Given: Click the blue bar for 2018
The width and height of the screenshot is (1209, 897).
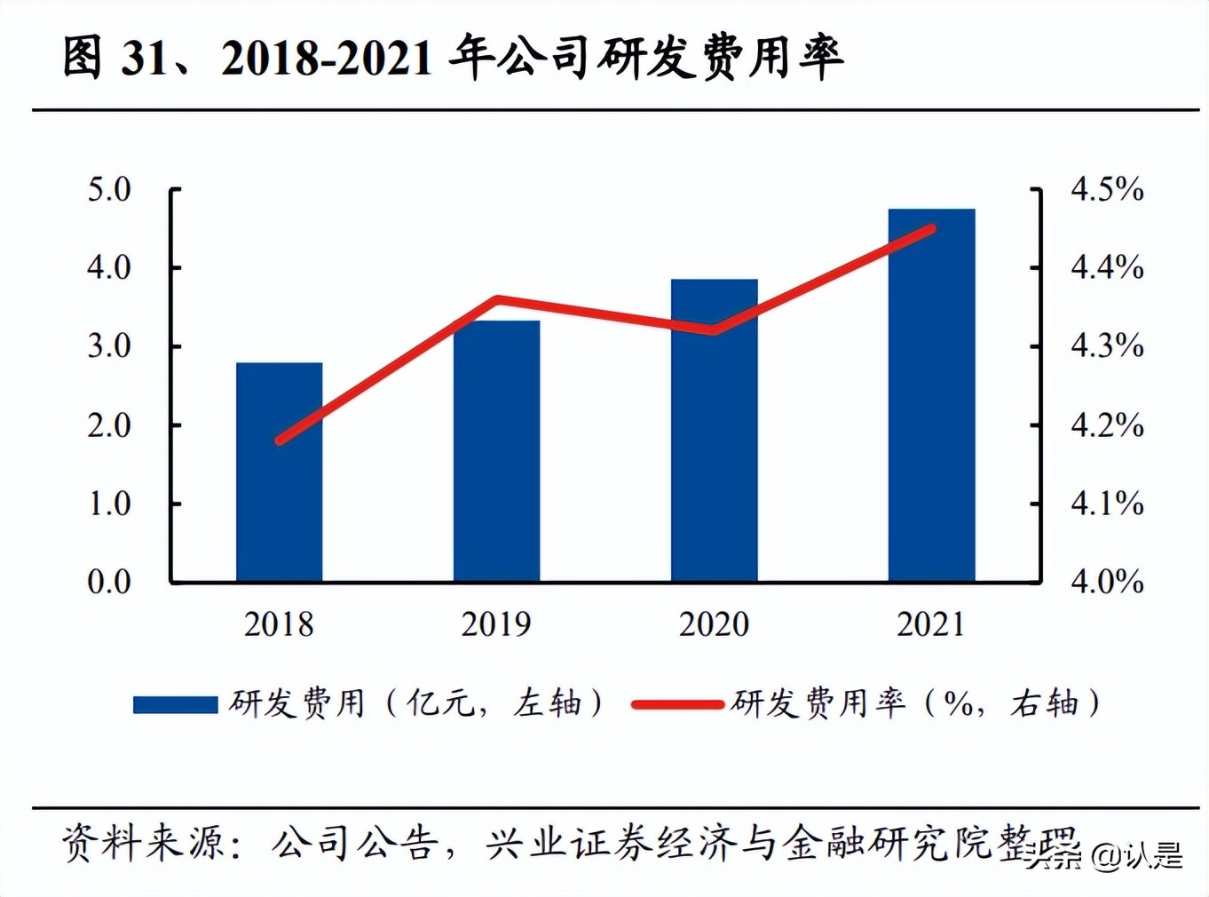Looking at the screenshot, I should [x=279, y=472].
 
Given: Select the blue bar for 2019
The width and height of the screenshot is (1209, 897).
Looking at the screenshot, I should [x=496, y=451].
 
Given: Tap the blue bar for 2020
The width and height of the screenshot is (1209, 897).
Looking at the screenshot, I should [x=714, y=430].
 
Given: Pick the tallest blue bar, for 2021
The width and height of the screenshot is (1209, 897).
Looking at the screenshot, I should [x=931, y=395].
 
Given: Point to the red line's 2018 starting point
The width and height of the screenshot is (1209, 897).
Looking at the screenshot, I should [x=281, y=440].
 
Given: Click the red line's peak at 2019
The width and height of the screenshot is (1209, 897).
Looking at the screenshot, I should [x=497, y=300].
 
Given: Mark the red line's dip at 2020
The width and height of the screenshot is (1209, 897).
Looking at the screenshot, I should [x=714, y=330].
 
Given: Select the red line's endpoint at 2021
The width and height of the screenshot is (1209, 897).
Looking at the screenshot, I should [x=931, y=229].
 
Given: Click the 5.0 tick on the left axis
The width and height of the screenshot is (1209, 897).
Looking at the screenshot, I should [x=109, y=189].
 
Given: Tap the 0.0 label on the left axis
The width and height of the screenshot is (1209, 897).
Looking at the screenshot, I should [x=109, y=582].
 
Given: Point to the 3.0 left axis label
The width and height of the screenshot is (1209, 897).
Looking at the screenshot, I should [x=109, y=346].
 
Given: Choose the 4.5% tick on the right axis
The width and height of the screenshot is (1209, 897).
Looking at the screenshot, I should [x=1106, y=189].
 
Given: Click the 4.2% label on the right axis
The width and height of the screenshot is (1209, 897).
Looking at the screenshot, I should [x=1106, y=425].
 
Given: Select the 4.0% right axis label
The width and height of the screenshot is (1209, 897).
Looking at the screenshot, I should [x=1106, y=582].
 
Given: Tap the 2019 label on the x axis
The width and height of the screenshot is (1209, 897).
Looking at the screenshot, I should [x=496, y=624].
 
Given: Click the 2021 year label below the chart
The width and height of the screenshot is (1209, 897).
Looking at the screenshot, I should [x=931, y=624].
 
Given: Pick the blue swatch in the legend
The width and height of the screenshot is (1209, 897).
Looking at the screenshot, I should [x=175, y=704].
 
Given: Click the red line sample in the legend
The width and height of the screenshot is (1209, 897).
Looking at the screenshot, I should [x=677, y=704].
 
